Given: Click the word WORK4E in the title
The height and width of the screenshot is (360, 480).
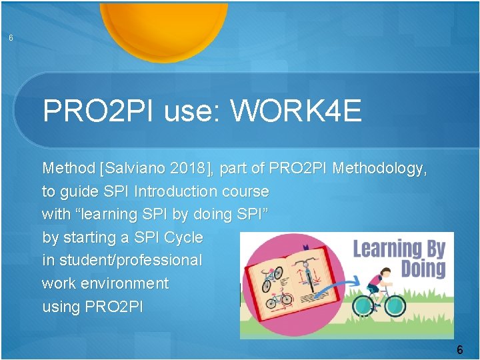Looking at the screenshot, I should pos(296,111).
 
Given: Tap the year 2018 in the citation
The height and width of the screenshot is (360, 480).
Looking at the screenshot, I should pos(190,169).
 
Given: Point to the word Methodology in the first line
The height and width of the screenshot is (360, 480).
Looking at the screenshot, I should pos(379,169).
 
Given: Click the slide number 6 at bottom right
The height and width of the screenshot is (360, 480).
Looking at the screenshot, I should pos(459,350).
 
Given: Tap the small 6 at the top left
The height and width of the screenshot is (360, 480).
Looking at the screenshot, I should pos(11,38).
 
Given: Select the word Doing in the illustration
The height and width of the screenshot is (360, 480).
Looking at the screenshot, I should pos(423,269).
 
